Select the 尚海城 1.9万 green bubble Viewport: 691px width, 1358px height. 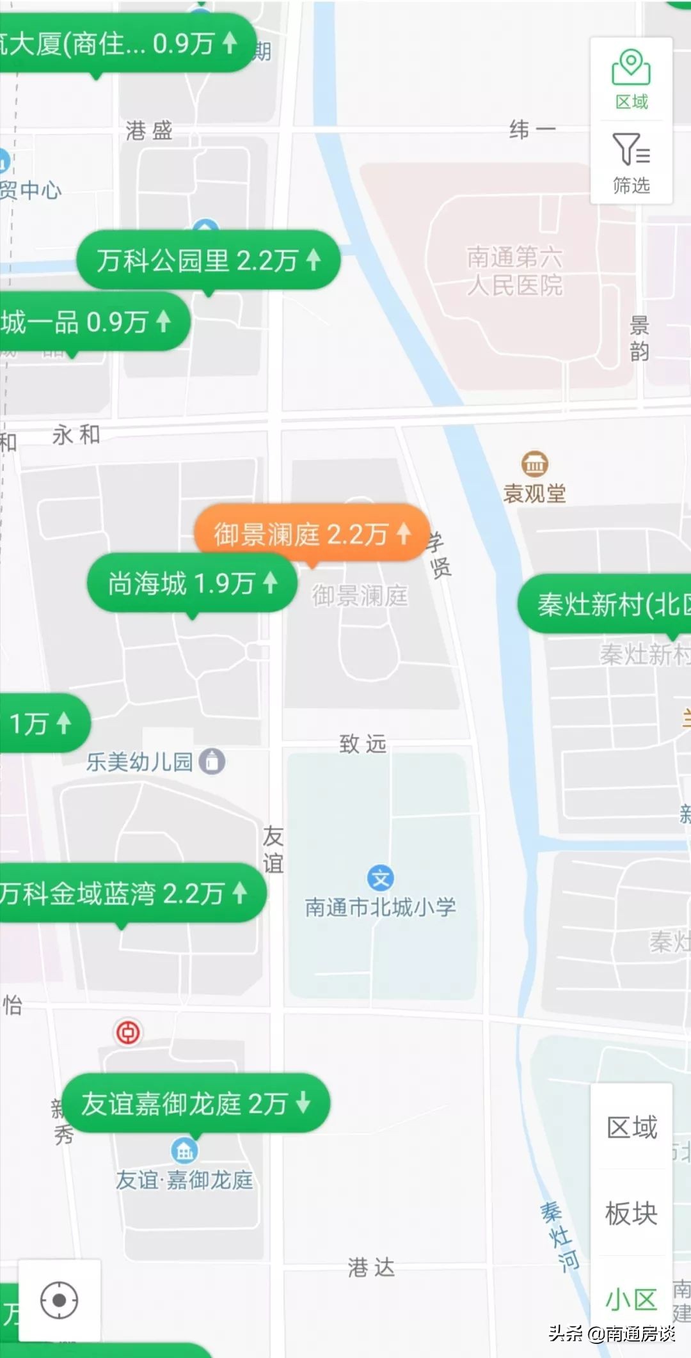point(192,583)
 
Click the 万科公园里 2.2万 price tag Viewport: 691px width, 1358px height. point(208,260)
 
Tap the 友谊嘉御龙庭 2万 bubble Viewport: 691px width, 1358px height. point(195,1103)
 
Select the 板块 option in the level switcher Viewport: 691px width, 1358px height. point(631,1213)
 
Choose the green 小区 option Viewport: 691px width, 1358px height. point(631,1300)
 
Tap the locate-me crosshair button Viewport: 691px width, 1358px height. point(60,1300)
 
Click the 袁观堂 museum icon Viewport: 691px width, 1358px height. point(534,464)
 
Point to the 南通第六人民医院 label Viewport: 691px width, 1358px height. point(515,271)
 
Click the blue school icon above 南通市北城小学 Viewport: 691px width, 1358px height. point(381,878)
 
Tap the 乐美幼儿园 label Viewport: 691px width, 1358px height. point(139,762)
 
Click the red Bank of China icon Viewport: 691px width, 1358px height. point(128,1032)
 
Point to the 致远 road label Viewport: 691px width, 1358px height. point(363,744)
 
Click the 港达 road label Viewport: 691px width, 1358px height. point(371,1267)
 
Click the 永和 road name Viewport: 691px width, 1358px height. point(76,435)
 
